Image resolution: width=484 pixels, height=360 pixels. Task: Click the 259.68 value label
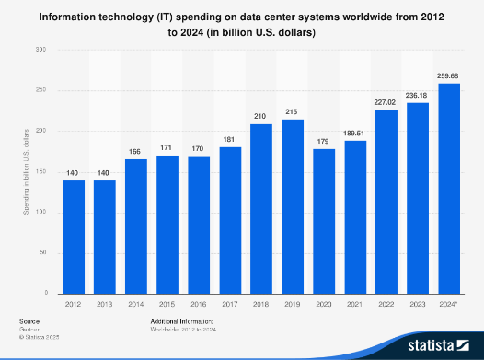pos(449,75)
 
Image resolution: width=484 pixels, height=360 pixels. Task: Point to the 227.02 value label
pos(386,102)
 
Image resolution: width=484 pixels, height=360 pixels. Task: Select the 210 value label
pos(261,116)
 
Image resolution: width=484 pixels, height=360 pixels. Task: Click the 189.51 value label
pos(355,133)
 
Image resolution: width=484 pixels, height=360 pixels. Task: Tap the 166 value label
pos(136,152)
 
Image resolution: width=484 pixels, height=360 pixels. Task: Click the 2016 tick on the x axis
pos(199,302)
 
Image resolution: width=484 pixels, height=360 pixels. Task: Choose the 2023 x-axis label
pos(418,302)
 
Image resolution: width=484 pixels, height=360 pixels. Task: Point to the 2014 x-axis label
pos(136,302)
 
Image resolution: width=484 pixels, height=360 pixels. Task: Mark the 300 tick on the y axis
pos(40,50)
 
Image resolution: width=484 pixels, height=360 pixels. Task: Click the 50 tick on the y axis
pos(41,252)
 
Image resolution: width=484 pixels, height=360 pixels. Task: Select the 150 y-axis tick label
pos(40,171)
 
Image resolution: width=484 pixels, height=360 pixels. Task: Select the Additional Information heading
pos(181,321)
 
